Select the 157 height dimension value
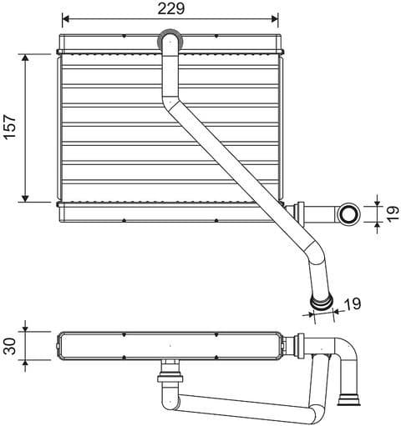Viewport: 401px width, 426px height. pos(11,128)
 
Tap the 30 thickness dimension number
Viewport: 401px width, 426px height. pos(10,344)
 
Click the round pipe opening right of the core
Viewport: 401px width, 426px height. pos(348,214)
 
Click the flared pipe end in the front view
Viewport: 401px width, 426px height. pos(321,301)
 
